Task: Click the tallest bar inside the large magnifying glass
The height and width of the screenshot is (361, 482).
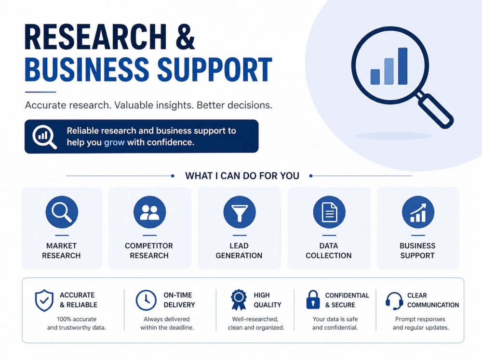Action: click(x=402, y=66)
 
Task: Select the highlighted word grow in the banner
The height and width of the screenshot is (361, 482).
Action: click(x=114, y=142)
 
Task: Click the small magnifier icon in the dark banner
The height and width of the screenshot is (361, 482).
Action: click(x=44, y=137)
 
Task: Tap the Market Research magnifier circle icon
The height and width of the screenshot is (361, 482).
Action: click(x=62, y=212)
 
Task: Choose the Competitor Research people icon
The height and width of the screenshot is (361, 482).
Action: click(x=150, y=212)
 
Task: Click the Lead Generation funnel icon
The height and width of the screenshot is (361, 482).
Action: click(x=240, y=212)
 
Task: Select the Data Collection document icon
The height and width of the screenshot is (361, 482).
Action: click(x=329, y=212)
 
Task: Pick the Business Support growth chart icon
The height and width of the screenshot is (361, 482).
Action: click(x=418, y=212)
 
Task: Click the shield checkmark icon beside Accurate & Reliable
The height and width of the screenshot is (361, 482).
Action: click(x=44, y=300)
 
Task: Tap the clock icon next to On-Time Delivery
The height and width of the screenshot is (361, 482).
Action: click(x=146, y=300)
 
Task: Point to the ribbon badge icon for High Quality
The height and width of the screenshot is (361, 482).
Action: click(x=239, y=299)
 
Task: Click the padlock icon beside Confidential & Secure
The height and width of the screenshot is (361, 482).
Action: click(x=313, y=299)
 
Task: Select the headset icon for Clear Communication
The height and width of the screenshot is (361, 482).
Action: click(x=394, y=301)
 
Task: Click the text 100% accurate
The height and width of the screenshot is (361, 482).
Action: click(x=77, y=319)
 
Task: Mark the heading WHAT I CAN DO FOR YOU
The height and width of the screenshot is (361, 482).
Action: click(x=242, y=176)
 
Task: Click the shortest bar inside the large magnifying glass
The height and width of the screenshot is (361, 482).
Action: click(x=375, y=77)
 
